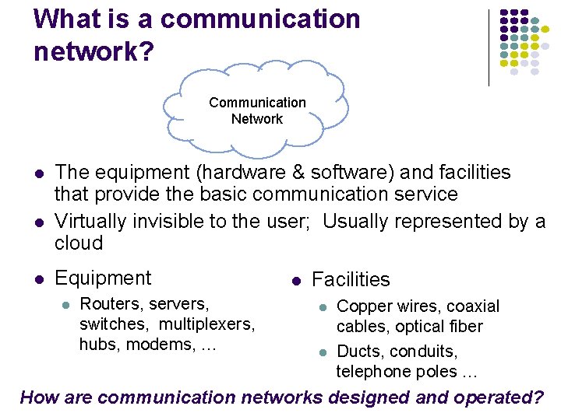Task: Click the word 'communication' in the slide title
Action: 260,19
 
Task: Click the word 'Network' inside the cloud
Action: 256,119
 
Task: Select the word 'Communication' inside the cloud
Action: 257,103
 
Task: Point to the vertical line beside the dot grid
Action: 489,47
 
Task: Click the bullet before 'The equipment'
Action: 39,173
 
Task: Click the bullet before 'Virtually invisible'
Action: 39,222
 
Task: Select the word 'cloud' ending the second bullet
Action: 79,243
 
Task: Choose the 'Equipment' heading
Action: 103,278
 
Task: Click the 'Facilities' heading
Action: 351,279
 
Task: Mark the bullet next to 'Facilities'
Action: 296,280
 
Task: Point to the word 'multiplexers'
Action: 213,324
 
